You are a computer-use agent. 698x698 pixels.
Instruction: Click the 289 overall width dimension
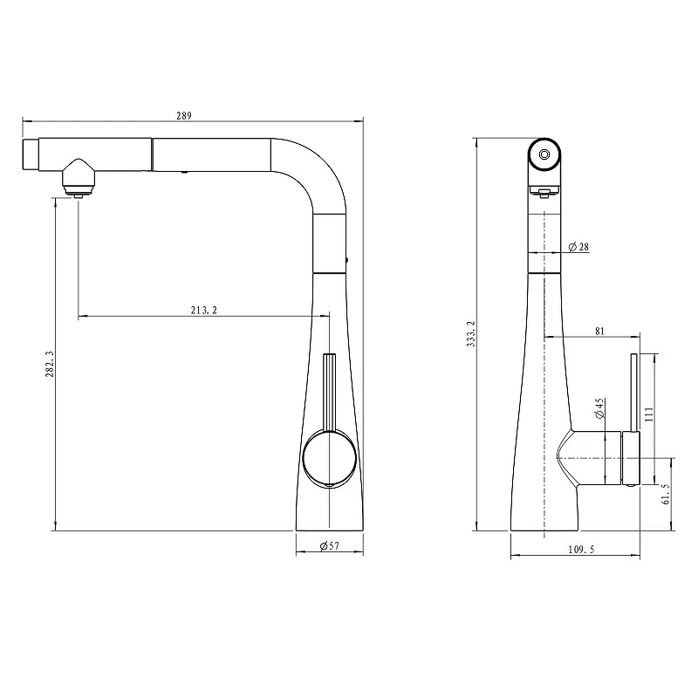(x=184, y=116)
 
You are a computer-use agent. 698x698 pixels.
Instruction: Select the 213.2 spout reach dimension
(x=204, y=311)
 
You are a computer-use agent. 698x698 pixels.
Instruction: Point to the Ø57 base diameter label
(x=330, y=546)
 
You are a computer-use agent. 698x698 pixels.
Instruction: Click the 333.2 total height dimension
(x=471, y=334)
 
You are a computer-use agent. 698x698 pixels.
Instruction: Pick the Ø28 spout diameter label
(x=578, y=247)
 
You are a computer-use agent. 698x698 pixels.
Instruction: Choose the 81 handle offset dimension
(x=599, y=332)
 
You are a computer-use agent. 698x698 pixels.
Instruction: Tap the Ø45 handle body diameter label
(x=599, y=408)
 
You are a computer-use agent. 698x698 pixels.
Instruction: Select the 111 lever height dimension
(x=648, y=414)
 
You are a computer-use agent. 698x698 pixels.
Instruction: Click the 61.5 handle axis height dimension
(x=666, y=494)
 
